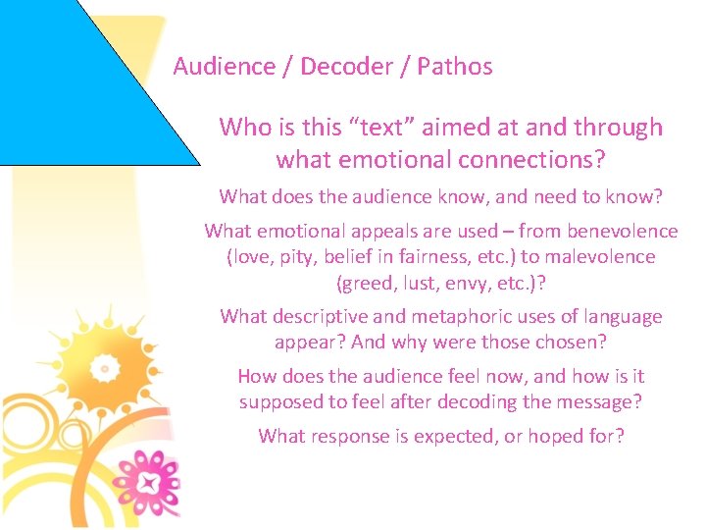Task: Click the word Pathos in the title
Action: [454, 67]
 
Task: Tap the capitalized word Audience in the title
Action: [224, 67]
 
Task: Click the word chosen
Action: [575, 344]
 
